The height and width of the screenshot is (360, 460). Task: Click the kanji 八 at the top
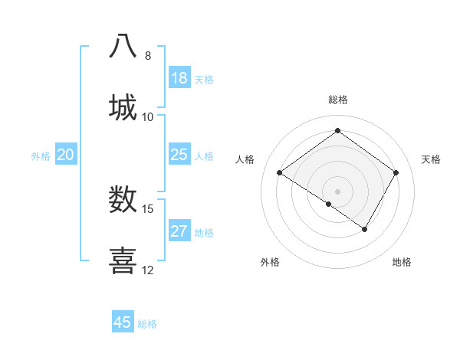pos(123,45)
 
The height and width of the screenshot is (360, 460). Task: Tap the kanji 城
pos(123,107)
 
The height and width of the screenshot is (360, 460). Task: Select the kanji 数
pos(123,199)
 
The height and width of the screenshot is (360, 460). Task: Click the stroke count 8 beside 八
pos(148,56)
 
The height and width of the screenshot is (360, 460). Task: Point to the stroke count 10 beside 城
pos(148,117)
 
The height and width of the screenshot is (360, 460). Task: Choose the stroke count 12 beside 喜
pos(148,270)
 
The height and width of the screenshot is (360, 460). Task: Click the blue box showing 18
pos(179,78)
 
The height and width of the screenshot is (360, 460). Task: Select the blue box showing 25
pos(179,155)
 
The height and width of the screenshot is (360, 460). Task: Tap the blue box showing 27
pos(179,231)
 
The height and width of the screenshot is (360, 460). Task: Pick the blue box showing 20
pos(66,155)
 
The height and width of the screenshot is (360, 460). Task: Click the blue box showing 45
pos(123,322)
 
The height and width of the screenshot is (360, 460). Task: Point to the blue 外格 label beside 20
pos(41,156)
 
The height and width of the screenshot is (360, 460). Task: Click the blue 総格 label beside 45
pos(147,324)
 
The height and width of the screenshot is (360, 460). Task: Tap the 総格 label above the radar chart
pos(338,100)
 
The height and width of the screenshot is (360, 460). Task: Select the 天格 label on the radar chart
pos(432,159)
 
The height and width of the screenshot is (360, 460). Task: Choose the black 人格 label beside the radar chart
pos(245,159)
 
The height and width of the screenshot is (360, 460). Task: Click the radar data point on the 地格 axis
pos(365,229)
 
